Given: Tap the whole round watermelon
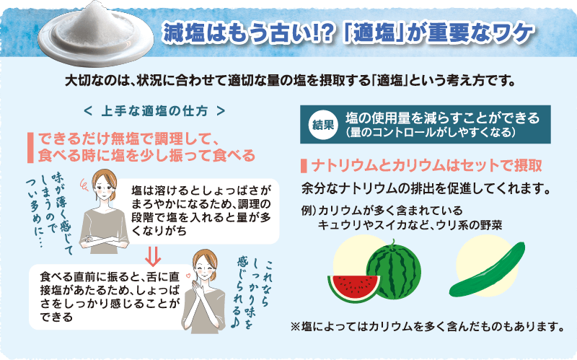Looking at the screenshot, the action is [x=393, y=271].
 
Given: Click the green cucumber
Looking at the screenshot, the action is [x=487, y=271].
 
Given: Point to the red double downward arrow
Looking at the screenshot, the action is [x=153, y=256].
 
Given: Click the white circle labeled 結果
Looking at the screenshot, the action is [x=323, y=124].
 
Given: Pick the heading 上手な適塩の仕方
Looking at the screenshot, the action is [x=154, y=111].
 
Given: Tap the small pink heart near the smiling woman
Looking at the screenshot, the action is [x=189, y=275].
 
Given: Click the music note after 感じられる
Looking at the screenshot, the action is [x=235, y=322].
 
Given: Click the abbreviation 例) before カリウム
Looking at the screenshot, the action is [x=309, y=210].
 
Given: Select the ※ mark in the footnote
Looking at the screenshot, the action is [x=296, y=327].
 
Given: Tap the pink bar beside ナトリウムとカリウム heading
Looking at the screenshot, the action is [x=304, y=166].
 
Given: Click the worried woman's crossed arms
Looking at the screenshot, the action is [x=104, y=240].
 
